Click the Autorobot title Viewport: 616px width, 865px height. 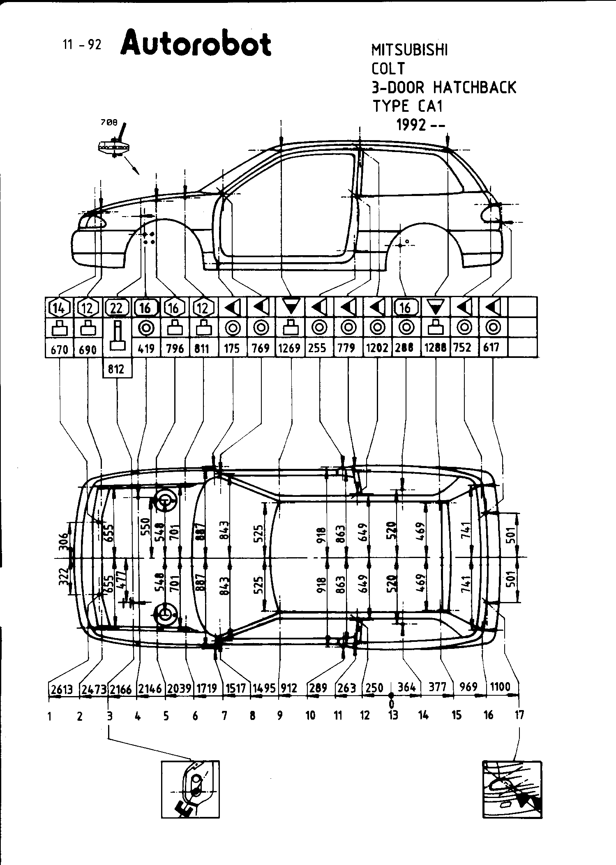tap(196, 43)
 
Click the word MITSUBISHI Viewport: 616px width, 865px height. tap(409, 50)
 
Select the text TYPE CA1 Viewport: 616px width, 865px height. tap(408, 106)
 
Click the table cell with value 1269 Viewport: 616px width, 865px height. tap(289, 348)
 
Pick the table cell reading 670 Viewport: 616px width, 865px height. tap(59, 349)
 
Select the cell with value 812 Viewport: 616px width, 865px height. tap(116, 369)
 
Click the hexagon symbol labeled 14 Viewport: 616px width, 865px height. tap(59, 307)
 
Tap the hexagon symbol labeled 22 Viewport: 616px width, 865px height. tap(117, 307)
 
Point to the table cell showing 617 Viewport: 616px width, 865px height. tap(491, 348)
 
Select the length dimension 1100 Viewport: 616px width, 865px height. tap(500, 686)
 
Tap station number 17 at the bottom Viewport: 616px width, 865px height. tap(519, 715)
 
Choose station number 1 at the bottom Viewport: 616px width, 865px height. tap(49, 716)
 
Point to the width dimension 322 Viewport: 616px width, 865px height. tap(63, 577)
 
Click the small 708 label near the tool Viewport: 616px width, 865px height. tap(109, 122)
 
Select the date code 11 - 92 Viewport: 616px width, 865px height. tap(82, 44)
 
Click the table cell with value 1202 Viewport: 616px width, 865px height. tap(377, 348)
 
